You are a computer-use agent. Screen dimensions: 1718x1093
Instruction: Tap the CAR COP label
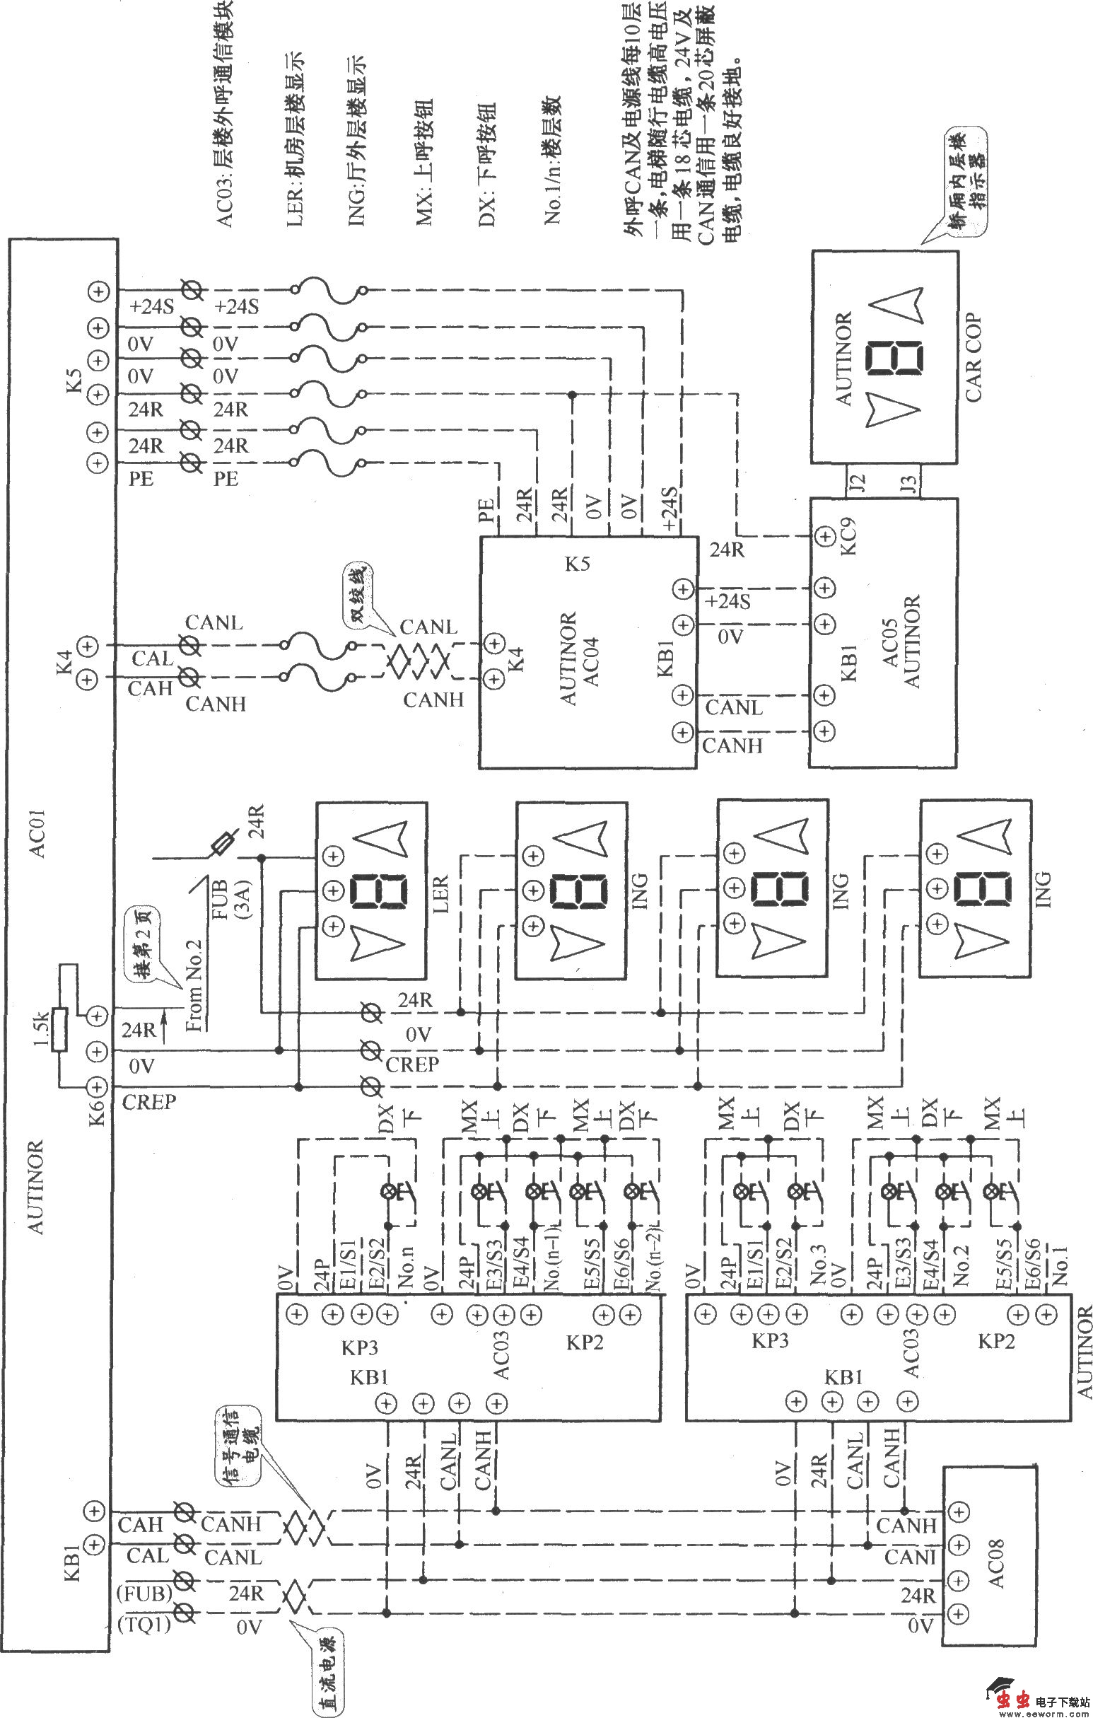[974, 357]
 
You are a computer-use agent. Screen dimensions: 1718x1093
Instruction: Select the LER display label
[440, 894]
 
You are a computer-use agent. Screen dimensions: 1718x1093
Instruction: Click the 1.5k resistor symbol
[60, 1030]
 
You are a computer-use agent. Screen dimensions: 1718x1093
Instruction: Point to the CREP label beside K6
[149, 1102]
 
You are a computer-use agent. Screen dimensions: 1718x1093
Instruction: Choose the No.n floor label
[407, 1267]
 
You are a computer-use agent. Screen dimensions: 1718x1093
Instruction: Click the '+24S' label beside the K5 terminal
[151, 308]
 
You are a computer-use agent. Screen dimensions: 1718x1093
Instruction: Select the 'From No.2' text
[194, 985]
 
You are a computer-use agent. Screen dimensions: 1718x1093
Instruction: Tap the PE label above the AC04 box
[488, 512]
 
